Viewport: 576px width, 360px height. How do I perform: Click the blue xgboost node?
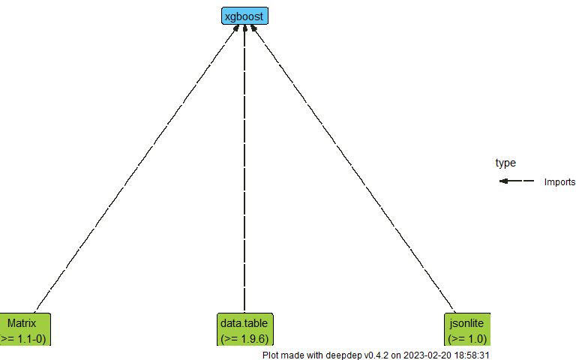click(x=244, y=16)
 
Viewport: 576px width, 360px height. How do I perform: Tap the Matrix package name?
click(x=22, y=323)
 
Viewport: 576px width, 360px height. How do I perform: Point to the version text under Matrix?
click(x=24, y=338)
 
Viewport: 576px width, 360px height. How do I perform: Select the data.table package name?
click(x=244, y=323)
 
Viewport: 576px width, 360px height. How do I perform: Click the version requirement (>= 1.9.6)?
click(x=244, y=338)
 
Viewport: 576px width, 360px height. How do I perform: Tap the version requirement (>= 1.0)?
click(x=467, y=338)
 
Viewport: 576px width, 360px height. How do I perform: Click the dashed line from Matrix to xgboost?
click(x=135, y=169)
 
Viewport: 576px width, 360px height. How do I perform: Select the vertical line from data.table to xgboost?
click(x=244, y=169)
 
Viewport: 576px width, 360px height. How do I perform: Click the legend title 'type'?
click(x=505, y=163)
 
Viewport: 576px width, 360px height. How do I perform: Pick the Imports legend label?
click(x=559, y=181)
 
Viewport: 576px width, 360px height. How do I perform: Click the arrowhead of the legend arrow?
click(x=503, y=181)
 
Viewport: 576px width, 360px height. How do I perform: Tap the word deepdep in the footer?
click(x=346, y=355)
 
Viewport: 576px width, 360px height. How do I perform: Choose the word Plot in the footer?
click(x=271, y=355)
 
